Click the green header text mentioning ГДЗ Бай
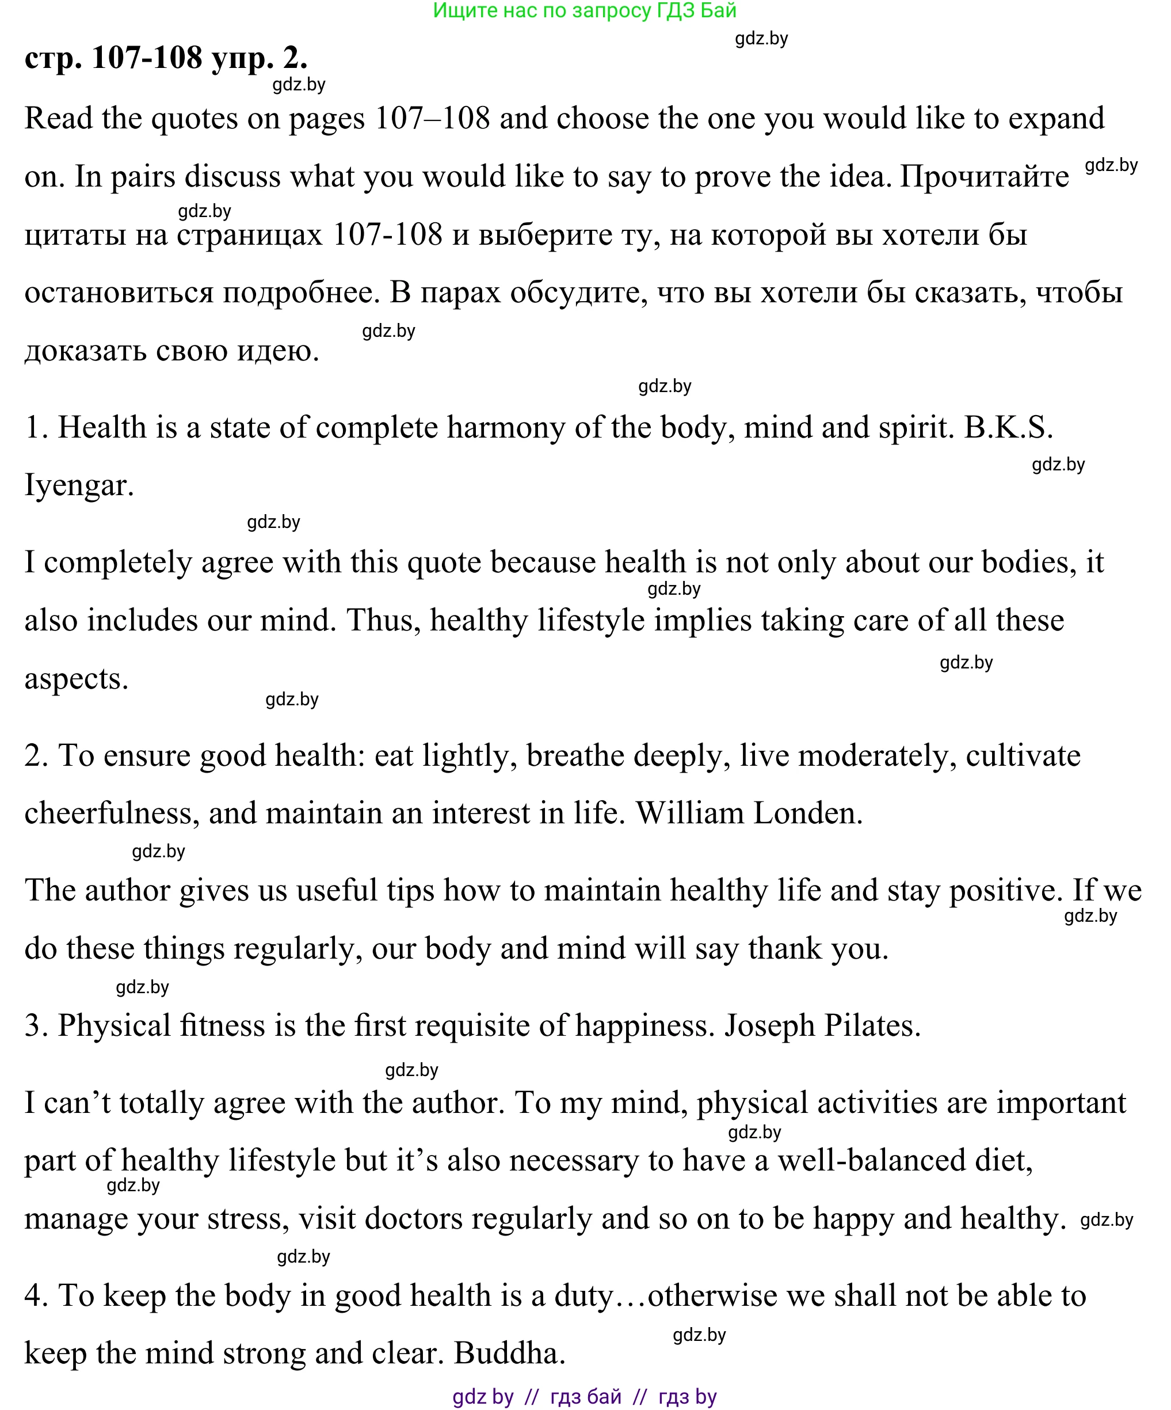coord(585,11)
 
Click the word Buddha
coord(509,1354)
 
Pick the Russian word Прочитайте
coord(984,177)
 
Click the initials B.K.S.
coord(1008,428)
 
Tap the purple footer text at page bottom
coord(585,1397)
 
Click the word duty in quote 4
coord(583,1296)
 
